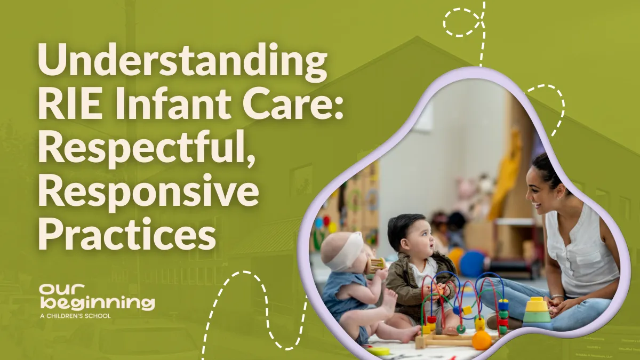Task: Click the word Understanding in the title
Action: [182, 62]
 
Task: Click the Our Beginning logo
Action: [97, 298]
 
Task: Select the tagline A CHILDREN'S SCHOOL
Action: [75, 316]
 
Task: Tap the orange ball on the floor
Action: [482, 341]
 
